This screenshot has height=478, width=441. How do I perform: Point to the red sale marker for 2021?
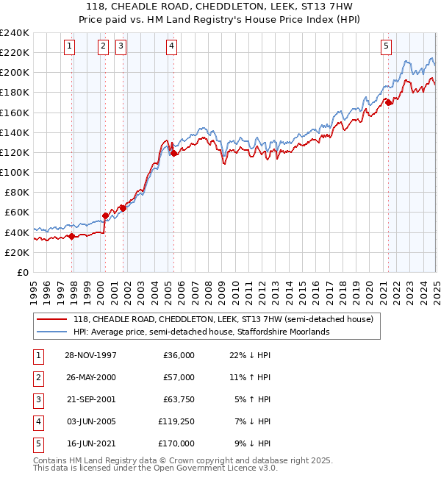click(x=388, y=102)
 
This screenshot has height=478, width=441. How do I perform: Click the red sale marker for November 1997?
click(x=72, y=236)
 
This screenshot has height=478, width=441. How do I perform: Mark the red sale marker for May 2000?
click(x=105, y=215)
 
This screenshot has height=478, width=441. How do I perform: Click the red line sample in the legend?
click(x=52, y=320)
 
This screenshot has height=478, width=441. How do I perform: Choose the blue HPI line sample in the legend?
click(x=52, y=332)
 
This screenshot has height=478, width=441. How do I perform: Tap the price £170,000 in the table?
click(x=176, y=443)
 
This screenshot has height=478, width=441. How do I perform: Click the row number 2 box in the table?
click(x=37, y=377)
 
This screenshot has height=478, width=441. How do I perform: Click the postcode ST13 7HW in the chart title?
click(x=320, y=7)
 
